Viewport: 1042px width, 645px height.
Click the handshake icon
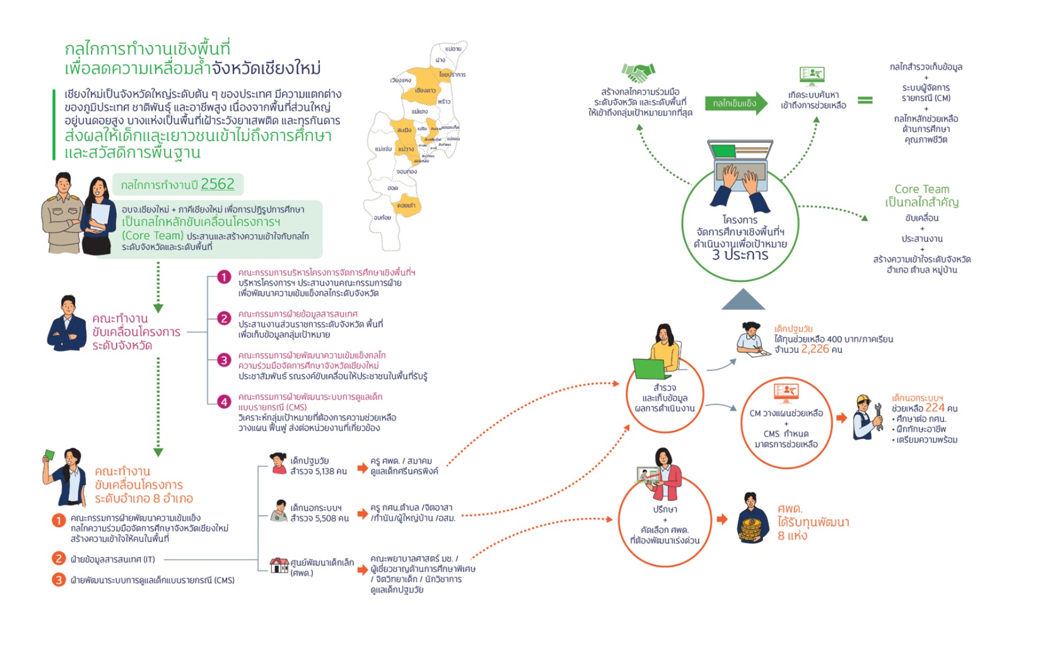click(637, 73)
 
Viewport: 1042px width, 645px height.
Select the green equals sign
click(865, 100)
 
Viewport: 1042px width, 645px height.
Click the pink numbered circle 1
click(224, 277)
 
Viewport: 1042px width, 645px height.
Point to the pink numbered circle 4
click(224, 402)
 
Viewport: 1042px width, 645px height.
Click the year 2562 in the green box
click(217, 184)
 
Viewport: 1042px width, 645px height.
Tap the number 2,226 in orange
click(815, 349)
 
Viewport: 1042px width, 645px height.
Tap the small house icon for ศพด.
click(279, 564)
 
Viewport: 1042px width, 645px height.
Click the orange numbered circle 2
click(58, 559)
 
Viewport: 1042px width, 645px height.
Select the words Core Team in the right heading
click(922, 189)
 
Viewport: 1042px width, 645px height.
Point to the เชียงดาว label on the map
click(425, 90)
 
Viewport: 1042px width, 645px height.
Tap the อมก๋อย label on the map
click(382, 218)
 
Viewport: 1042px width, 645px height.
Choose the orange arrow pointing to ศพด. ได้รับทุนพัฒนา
click(722, 519)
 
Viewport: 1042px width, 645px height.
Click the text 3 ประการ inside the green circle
click(740, 255)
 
